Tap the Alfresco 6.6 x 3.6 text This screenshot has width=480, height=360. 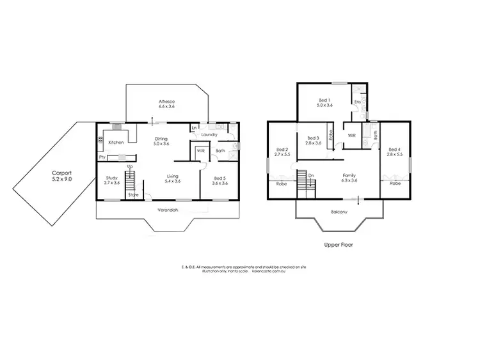pos(167,104)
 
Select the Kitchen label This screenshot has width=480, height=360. pos(116,142)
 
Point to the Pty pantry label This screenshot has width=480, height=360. pos(102,157)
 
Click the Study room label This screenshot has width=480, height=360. pos(112,180)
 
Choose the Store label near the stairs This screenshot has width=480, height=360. pos(133,194)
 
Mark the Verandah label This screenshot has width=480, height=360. pos(168,210)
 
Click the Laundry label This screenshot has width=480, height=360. pos(209,135)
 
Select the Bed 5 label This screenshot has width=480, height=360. pos(219,180)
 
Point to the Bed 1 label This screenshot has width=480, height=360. pos(325,103)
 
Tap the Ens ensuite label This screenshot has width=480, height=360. pos(358,102)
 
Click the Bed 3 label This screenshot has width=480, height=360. pos(313,141)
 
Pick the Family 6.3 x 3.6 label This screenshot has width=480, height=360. pos(350,178)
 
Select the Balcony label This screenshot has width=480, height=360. pos(339,212)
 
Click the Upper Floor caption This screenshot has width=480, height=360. pos(339,244)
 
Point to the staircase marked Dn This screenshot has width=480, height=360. pos(306,182)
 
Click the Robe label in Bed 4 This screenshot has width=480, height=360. pos(395,184)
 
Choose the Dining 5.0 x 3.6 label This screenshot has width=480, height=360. pos(161,141)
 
